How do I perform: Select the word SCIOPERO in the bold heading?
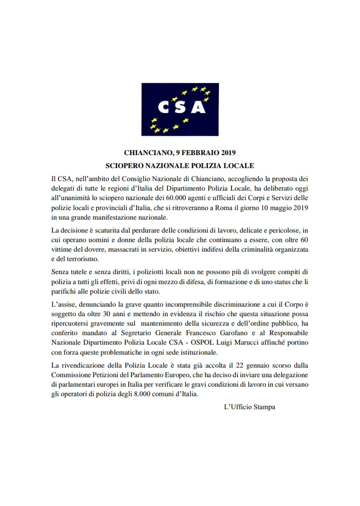127,165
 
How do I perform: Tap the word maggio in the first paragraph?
274,208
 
